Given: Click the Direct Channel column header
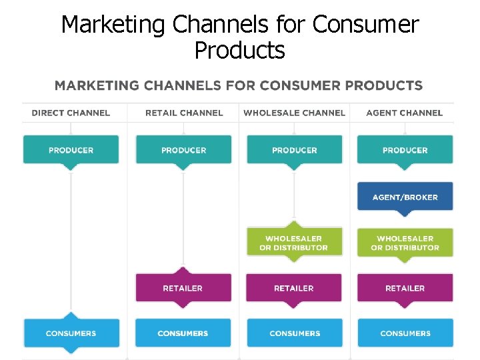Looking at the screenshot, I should tap(71, 113).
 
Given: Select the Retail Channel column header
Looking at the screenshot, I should tap(184, 113).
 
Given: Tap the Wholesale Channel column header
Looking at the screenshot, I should tap(294, 113).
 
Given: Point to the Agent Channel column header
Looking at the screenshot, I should tap(404, 113).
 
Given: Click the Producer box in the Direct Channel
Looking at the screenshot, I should tap(71, 150).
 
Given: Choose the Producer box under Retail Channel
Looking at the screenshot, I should tap(183, 150).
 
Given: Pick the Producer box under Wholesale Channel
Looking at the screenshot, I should tap(294, 150).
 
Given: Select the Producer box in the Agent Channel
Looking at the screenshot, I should tap(405, 150).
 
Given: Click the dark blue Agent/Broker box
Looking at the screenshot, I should tap(405, 197).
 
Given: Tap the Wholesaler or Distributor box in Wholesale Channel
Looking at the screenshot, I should tap(294, 243).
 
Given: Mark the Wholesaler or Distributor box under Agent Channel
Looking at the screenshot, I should tap(405, 243).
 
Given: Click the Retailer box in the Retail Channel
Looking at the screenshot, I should tap(183, 288).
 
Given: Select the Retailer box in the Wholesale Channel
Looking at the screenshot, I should tap(294, 288).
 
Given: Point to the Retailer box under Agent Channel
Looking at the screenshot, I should tap(405, 288).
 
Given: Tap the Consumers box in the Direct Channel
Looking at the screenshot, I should tap(71, 333).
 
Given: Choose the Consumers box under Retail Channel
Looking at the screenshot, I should tap(183, 333).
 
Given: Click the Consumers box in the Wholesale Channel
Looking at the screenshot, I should tap(294, 333).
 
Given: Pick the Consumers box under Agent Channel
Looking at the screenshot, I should tap(405, 333).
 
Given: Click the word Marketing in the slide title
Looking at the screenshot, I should tap(112, 25).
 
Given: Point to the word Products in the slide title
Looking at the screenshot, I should tap(239, 50).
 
